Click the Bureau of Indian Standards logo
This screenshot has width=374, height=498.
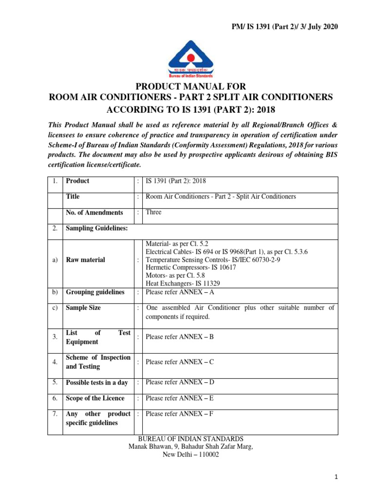191,58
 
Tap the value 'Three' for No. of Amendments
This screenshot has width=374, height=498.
153,212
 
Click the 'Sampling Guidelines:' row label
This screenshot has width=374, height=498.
97,228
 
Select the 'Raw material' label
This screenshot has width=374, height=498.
85,260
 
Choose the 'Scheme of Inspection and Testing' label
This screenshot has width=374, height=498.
98,362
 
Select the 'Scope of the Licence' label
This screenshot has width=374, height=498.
95,398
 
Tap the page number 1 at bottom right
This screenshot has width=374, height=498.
336,479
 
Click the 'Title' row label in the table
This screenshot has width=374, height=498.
73,196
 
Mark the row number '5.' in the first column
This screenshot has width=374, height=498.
56,382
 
